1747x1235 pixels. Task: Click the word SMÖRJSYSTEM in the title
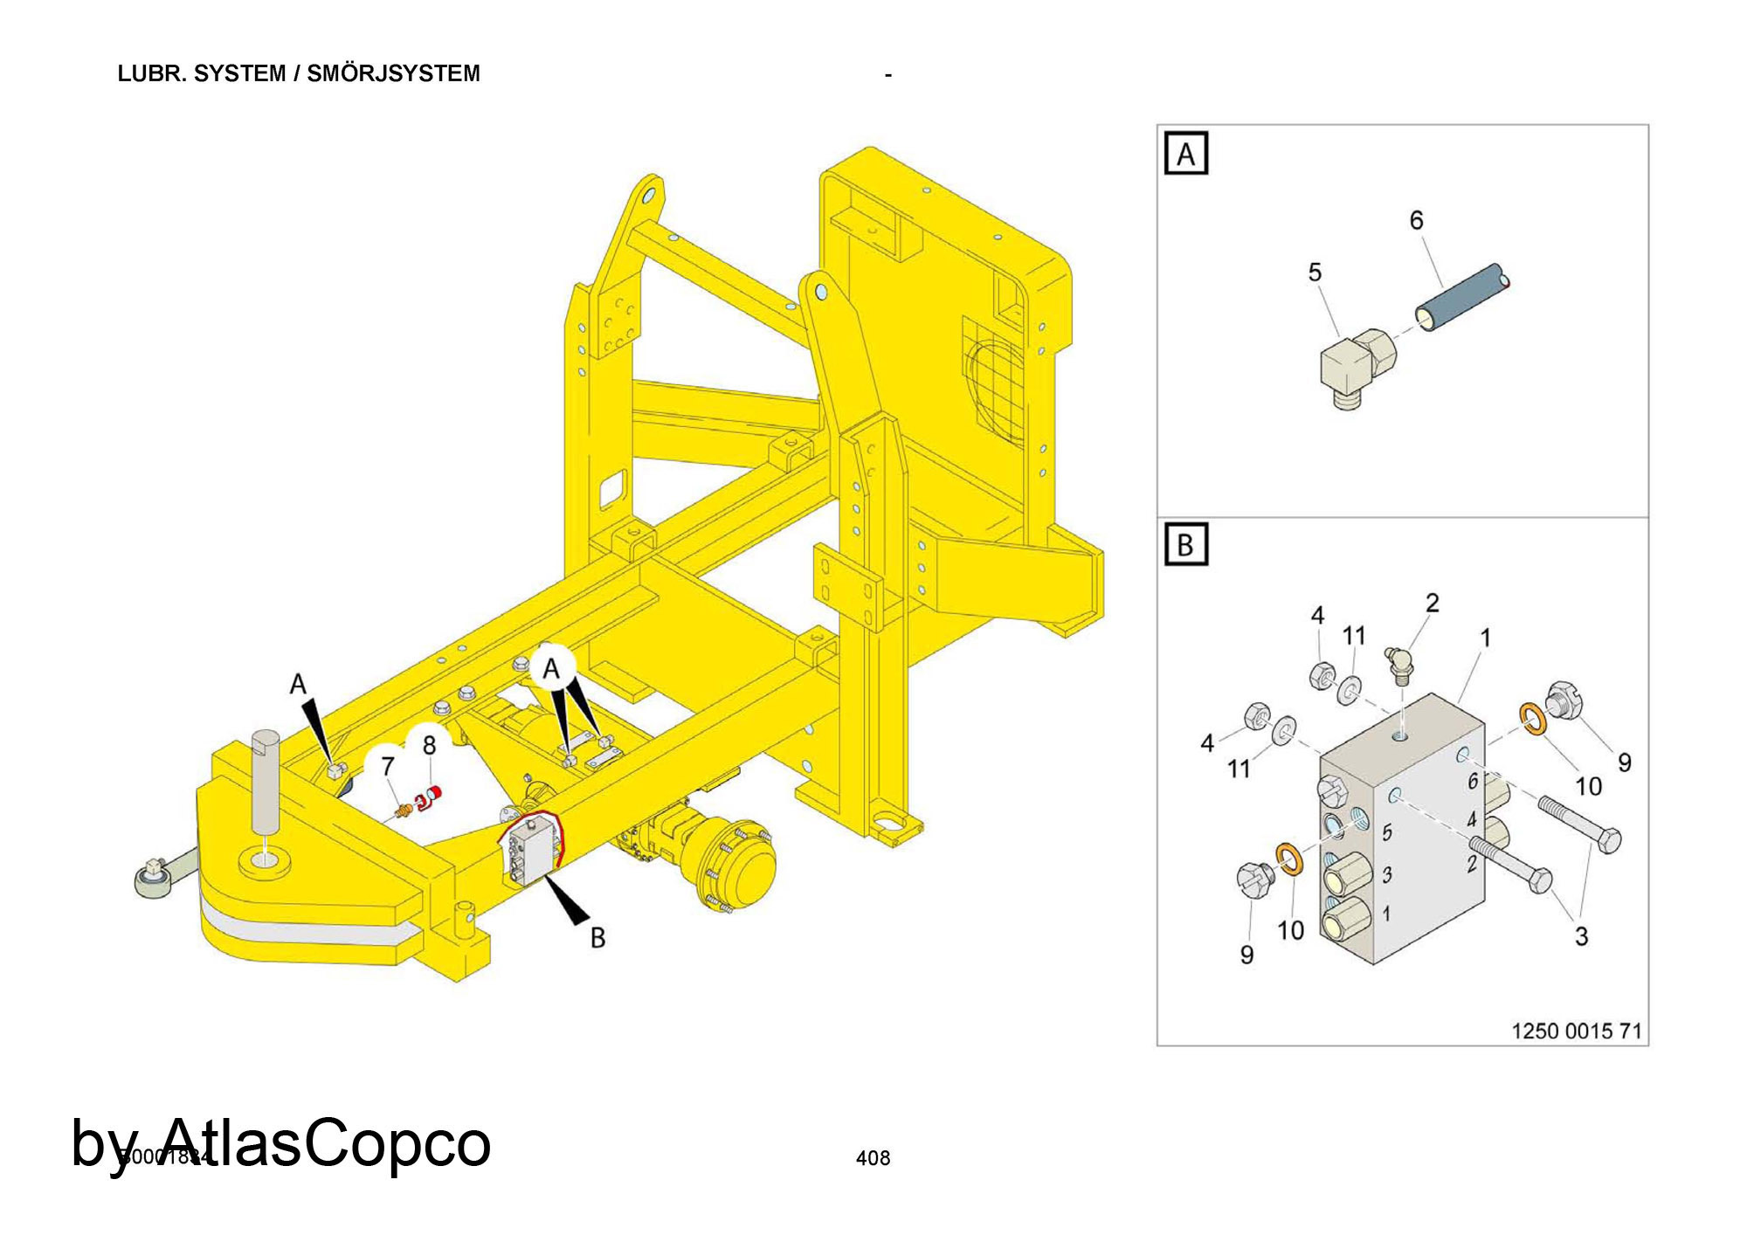point(393,73)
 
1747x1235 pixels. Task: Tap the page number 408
point(873,1158)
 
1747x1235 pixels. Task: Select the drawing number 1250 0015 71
point(1576,1031)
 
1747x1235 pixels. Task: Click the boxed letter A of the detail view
point(1185,154)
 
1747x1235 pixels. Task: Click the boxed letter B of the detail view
point(1185,545)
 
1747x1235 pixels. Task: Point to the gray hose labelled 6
point(1460,296)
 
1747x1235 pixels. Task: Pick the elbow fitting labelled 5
point(1355,367)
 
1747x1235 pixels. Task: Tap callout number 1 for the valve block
point(1485,638)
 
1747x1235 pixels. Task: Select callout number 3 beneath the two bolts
point(1581,936)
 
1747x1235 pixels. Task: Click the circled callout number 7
point(388,766)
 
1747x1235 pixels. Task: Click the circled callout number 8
point(429,745)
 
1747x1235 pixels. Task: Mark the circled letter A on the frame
point(550,669)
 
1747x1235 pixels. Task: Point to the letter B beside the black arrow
point(597,937)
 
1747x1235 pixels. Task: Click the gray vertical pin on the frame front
point(266,783)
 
